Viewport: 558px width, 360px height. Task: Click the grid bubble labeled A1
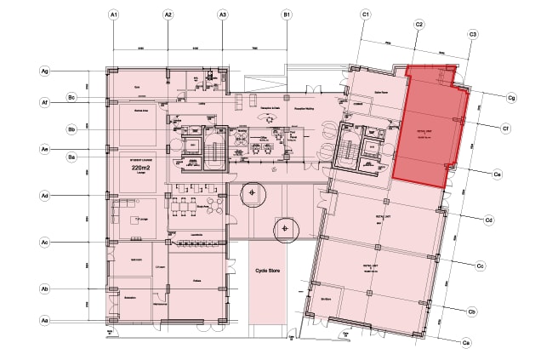(113, 15)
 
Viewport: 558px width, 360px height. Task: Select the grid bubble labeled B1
(287, 15)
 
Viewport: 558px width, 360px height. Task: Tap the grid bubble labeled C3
(473, 34)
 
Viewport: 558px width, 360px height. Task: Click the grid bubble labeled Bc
(72, 99)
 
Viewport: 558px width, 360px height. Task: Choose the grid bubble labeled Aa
(44, 320)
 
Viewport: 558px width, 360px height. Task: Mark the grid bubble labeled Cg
(512, 98)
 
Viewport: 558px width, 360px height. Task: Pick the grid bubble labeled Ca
(465, 342)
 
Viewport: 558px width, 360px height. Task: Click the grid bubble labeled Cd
(490, 221)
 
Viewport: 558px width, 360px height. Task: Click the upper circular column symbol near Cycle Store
(253, 194)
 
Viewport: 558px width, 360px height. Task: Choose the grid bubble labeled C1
(365, 15)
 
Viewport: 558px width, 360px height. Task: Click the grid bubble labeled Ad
(44, 196)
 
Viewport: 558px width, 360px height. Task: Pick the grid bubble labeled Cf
(505, 129)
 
